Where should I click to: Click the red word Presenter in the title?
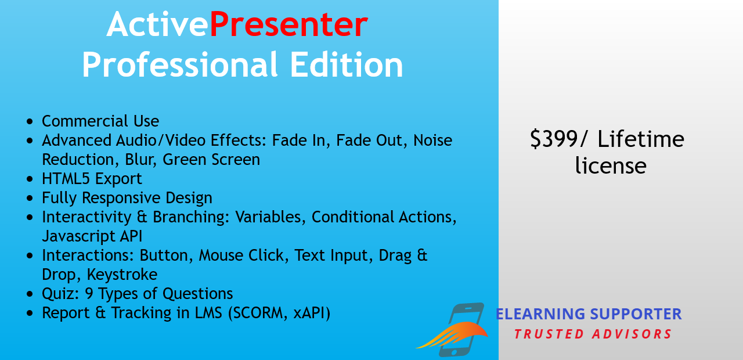coord(288,25)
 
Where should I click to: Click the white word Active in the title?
coord(157,25)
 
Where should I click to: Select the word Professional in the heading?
coord(180,65)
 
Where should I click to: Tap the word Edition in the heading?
coord(346,65)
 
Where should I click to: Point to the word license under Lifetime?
coord(611,166)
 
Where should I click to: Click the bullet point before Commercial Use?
coord(30,122)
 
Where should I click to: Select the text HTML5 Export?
coord(92,179)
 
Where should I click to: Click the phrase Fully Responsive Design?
coord(127,198)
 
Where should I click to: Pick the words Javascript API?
coord(92,236)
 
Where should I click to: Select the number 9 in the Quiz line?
coord(89,294)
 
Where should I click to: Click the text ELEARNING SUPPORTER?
coord(588,314)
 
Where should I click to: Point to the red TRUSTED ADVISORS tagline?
coord(593,334)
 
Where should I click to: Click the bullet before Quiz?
coord(30,294)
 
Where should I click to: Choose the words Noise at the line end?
coord(432,141)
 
